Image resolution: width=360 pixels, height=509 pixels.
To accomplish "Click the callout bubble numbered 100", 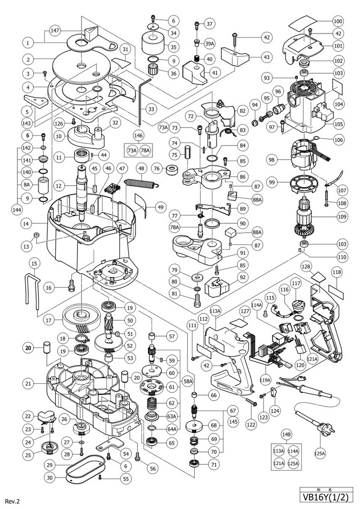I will pyautogui.click(x=338, y=22).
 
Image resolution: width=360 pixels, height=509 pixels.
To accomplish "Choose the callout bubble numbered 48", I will pyautogui.click(x=141, y=169).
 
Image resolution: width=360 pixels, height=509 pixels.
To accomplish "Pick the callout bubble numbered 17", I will pyautogui.click(x=48, y=319).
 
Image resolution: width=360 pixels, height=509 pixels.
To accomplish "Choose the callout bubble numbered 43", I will pyautogui.click(x=267, y=57).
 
